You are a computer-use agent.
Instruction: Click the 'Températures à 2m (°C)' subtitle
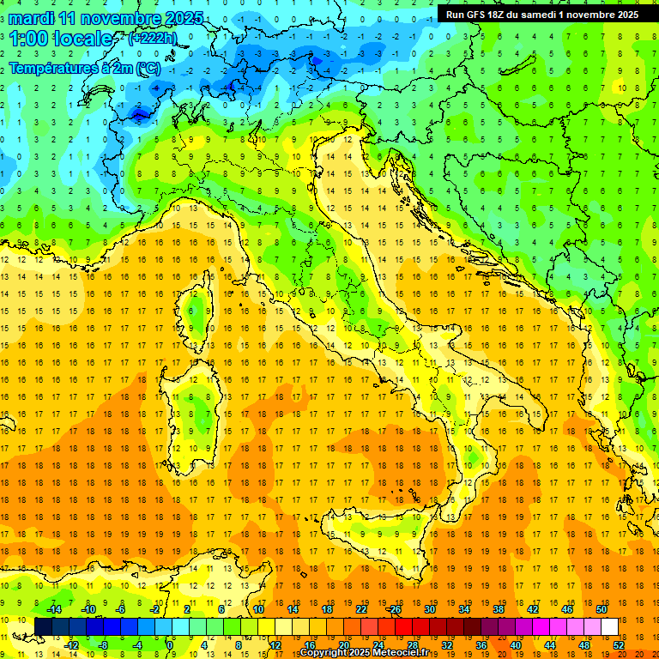coord(84,68)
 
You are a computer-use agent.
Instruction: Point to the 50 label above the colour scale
coord(601,609)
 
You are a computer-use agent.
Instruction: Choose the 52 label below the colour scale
coord(618,644)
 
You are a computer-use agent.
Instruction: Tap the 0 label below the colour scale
coord(171,644)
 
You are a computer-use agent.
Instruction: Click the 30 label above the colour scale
coord(429,609)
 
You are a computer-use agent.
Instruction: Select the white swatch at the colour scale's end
coord(609,626)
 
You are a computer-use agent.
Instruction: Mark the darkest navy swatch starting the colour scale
coord(44,626)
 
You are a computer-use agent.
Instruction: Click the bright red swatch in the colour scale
coord(403,626)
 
